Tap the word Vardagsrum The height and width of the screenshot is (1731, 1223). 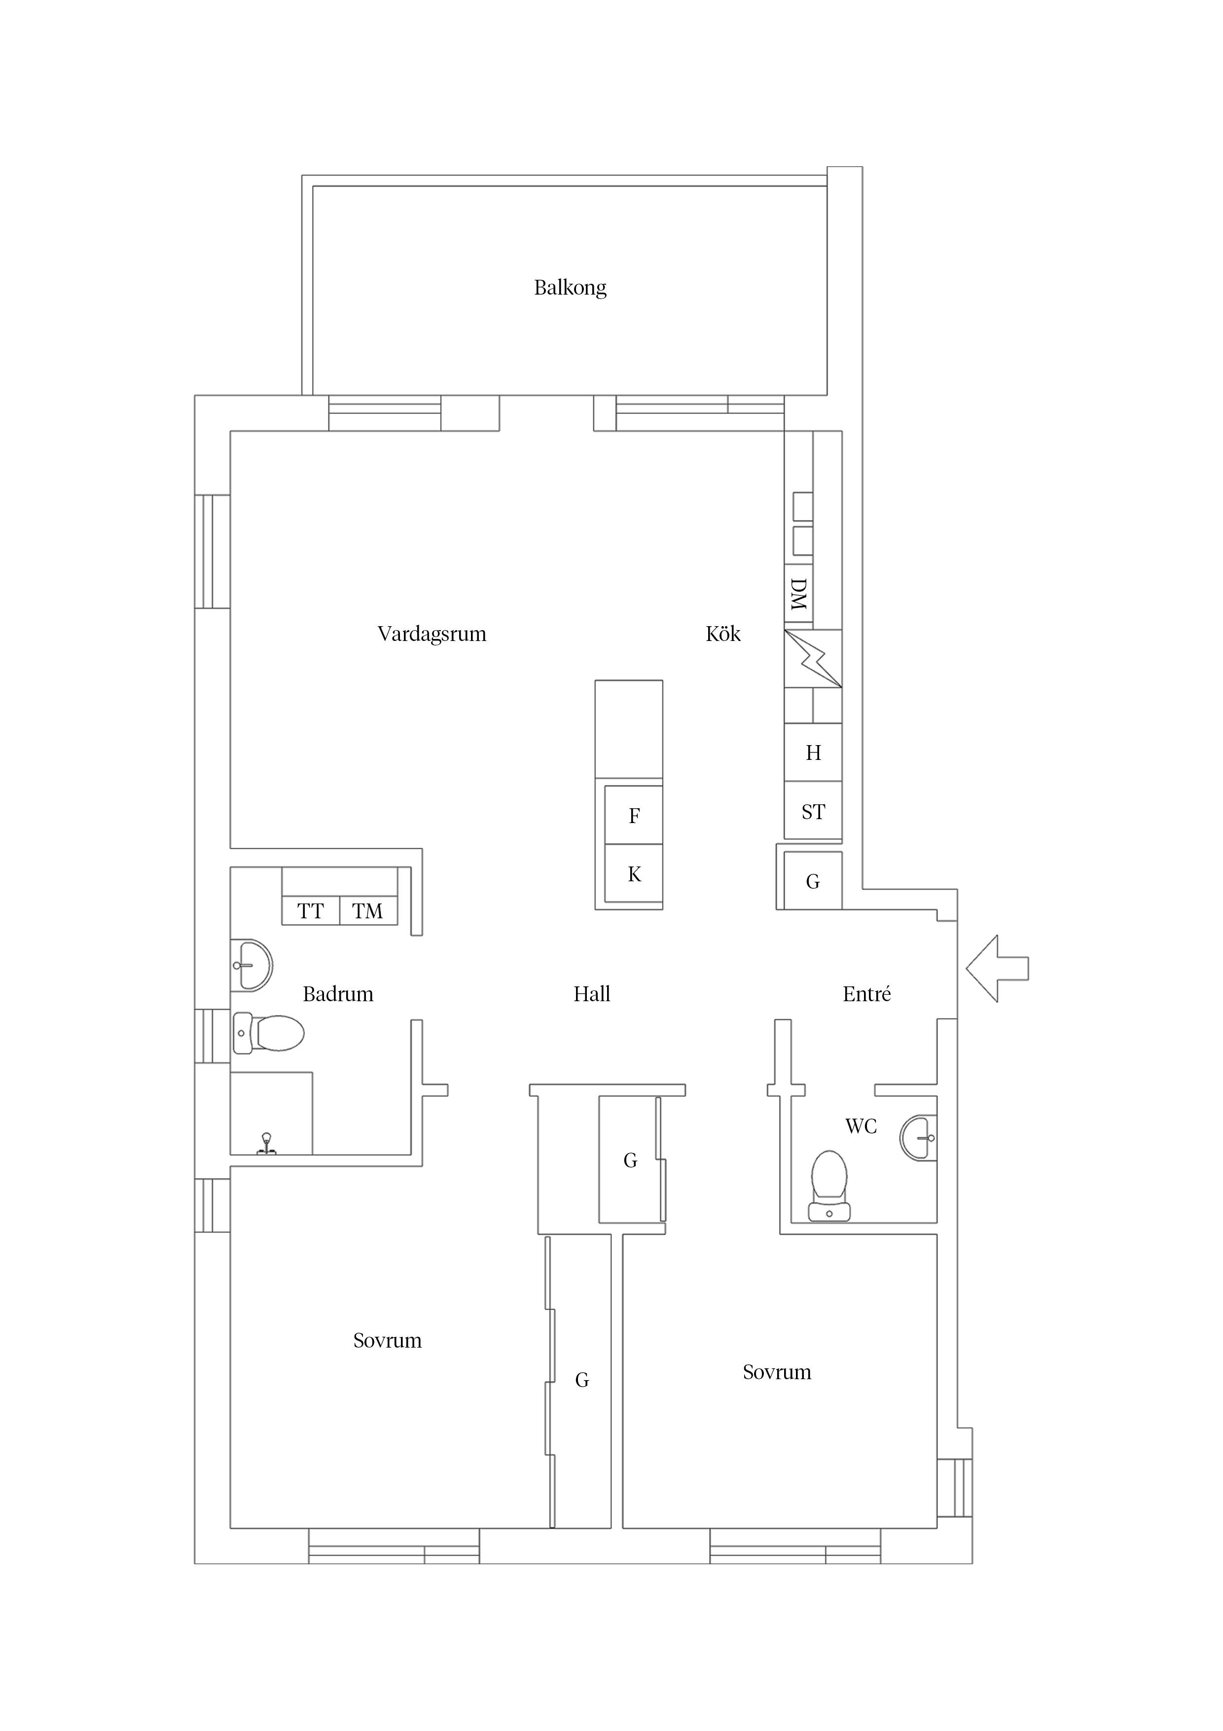pos(432,634)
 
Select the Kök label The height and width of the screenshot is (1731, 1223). pos(722,634)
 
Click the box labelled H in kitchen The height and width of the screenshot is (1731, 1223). pos(812,753)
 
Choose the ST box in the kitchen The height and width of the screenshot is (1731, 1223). pos(812,812)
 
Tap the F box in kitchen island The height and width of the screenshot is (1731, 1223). pos(634,816)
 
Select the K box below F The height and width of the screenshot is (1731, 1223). pos(634,874)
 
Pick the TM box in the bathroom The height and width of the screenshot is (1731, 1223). pos(368,911)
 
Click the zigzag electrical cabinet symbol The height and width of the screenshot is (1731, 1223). pos(812,659)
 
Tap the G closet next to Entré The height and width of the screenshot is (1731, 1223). pos(812,881)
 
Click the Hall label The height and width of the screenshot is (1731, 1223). pos(592,994)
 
